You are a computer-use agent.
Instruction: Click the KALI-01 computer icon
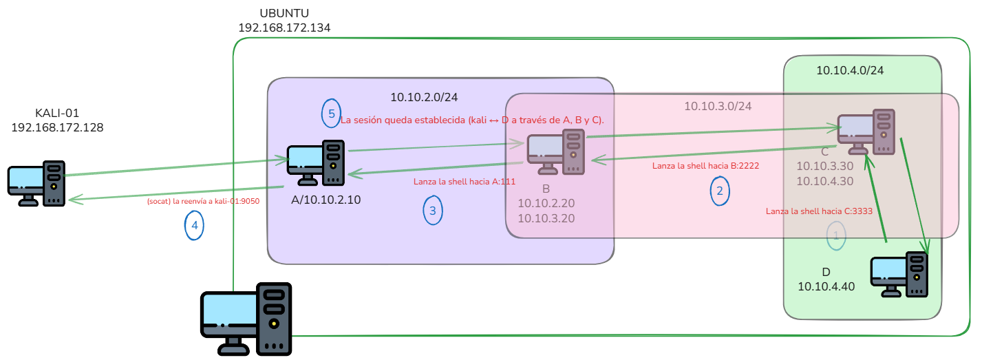coord(36,183)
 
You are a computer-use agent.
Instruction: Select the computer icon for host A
coord(316,163)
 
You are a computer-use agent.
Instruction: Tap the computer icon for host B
coord(556,151)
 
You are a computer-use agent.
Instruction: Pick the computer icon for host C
coord(866,131)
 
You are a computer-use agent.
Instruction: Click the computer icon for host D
coord(899,275)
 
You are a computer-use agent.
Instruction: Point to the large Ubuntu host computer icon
coord(246,319)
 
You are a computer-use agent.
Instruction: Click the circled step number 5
coord(332,114)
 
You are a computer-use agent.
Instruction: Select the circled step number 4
coord(194,225)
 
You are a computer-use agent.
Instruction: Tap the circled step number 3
coord(433,211)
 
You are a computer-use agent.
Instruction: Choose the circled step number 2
coord(720,191)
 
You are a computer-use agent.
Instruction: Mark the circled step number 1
coord(836,236)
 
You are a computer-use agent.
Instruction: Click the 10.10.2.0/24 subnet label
coord(424,97)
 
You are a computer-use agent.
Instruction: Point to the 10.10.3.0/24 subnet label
coord(718,106)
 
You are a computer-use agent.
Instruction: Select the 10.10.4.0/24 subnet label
coord(850,70)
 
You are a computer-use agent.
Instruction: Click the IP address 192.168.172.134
coord(284,28)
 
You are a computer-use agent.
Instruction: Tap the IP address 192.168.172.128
coord(57,127)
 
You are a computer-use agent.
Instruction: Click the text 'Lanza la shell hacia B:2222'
coord(705,166)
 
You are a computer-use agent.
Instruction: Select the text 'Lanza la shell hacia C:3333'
coord(819,211)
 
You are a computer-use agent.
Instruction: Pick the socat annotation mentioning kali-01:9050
coord(203,201)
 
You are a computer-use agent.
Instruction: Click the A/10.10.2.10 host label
coord(325,200)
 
